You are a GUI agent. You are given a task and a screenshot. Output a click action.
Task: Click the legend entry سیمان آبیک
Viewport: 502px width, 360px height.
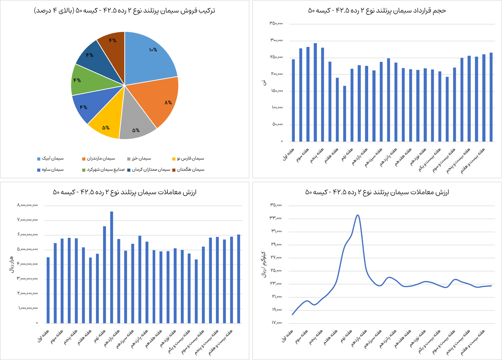tap(52, 159)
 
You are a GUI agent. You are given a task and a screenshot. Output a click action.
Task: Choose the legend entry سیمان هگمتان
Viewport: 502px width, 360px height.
tap(191, 170)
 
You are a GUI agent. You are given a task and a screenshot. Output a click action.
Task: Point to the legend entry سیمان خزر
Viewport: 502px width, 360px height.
tap(141, 159)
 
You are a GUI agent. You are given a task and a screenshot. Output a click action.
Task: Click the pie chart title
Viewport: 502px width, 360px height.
tap(124, 10)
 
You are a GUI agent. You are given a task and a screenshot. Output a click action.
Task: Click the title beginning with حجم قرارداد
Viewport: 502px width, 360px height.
tap(377, 10)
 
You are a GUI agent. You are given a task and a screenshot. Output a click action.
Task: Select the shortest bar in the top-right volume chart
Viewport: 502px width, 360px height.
tap(344, 114)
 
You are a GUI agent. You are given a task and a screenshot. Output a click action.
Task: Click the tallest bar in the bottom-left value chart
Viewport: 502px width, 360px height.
tap(111, 267)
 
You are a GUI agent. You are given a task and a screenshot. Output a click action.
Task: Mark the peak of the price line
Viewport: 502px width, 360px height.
tap(357, 215)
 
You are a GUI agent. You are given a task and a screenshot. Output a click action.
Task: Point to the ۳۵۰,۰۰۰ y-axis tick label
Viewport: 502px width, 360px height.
tap(276, 24)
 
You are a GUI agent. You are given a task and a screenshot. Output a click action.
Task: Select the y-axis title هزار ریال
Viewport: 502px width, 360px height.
tap(11, 264)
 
